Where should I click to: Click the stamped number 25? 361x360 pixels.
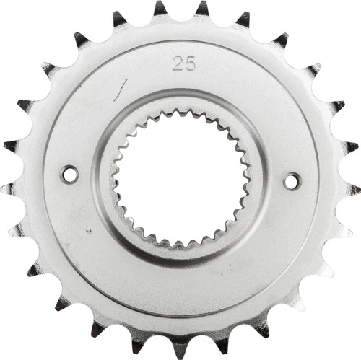(x=183, y=63)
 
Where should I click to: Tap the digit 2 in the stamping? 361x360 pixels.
(x=178, y=63)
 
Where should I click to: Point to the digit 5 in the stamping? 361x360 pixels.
(x=189, y=63)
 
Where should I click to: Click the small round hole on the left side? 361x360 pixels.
(x=69, y=174)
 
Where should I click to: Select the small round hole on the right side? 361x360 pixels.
(x=292, y=181)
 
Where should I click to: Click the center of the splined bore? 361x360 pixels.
(x=180, y=177)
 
